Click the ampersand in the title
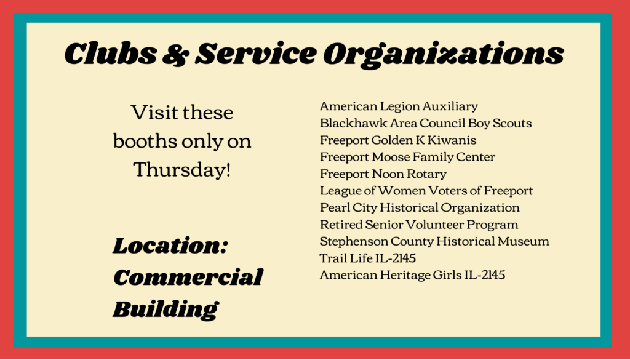[x=175, y=54]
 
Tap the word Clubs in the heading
[x=111, y=53]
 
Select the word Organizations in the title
[x=444, y=55]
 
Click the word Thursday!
[x=182, y=169]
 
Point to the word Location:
[x=170, y=246]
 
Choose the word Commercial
[x=188, y=277]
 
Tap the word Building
[x=165, y=309]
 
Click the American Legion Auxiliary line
[x=399, y=106]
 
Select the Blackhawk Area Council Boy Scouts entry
[x=426, y=123]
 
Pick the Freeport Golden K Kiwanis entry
[x=398, y=140]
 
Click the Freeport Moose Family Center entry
[x=407, y=157]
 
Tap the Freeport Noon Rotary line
[x=383, y=174]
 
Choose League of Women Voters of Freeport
[x=426, y=190]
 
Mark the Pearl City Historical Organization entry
[x=420, y=208]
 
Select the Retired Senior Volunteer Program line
[x=419, y=224]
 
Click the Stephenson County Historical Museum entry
[x=434, y=241]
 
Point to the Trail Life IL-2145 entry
[x=368, y=258]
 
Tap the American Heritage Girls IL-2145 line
[x=413, y=275]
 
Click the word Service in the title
[x=255, y=53]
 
